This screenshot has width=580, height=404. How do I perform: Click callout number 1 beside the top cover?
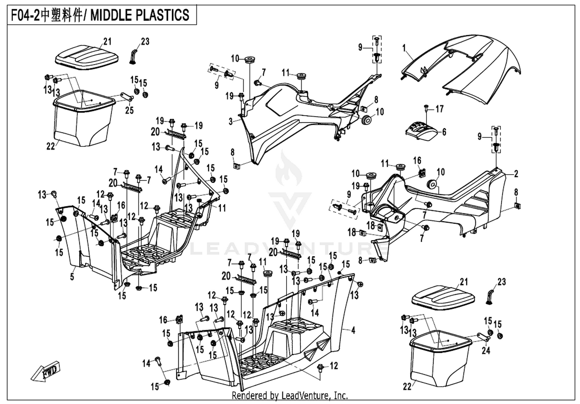point(404,48)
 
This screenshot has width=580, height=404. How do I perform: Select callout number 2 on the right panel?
point(516,173)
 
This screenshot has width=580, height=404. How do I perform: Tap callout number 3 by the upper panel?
point(231,121)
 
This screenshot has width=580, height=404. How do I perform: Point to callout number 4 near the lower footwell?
point(353,330)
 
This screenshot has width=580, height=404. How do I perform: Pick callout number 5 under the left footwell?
point(72,277)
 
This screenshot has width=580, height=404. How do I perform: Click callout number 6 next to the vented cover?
point(444,132)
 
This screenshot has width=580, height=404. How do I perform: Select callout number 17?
point(439,109)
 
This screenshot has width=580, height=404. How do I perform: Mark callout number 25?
point(129,110)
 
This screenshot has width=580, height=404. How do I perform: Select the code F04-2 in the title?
point(25,15)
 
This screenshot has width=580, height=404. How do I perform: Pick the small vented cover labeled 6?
point(422,131)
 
